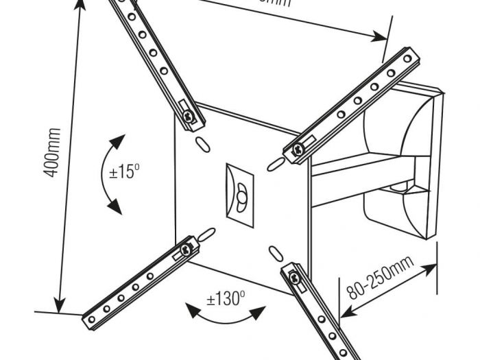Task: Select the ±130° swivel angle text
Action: pyautogui.click(x=226, y=299)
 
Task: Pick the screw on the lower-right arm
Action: pyautogui.click(x=294, y=278)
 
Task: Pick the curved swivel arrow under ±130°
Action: pyautogui.click(x=226, y=317)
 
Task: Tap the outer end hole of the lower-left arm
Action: pyautogui.click(x=91, y=320)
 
